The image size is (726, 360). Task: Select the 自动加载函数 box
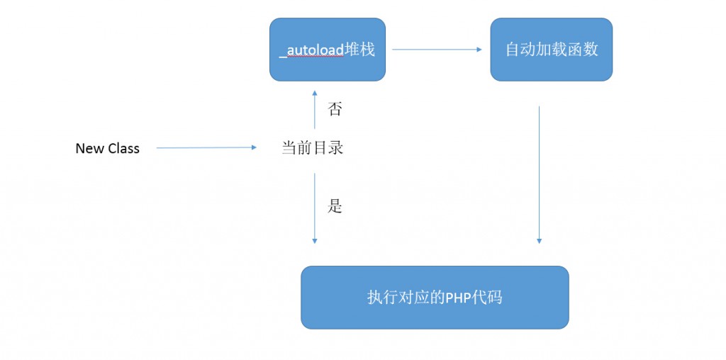[551, 49]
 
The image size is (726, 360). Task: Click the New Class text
[108, 148]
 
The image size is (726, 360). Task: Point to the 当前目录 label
[313, 148]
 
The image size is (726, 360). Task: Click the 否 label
[335, 109]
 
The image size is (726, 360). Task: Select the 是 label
[335, 206]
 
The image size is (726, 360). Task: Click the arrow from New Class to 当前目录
[206, 148]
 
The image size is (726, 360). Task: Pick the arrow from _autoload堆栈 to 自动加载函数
[437, 50]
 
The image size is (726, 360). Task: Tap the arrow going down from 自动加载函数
[540, 174]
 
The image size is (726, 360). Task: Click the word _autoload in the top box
[312, 50]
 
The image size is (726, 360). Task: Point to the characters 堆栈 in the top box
[359, 50]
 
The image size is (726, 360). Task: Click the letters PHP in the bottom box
[459, 298]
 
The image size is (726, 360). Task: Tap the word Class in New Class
[123, 148]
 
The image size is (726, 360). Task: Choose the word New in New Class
[90, 148]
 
